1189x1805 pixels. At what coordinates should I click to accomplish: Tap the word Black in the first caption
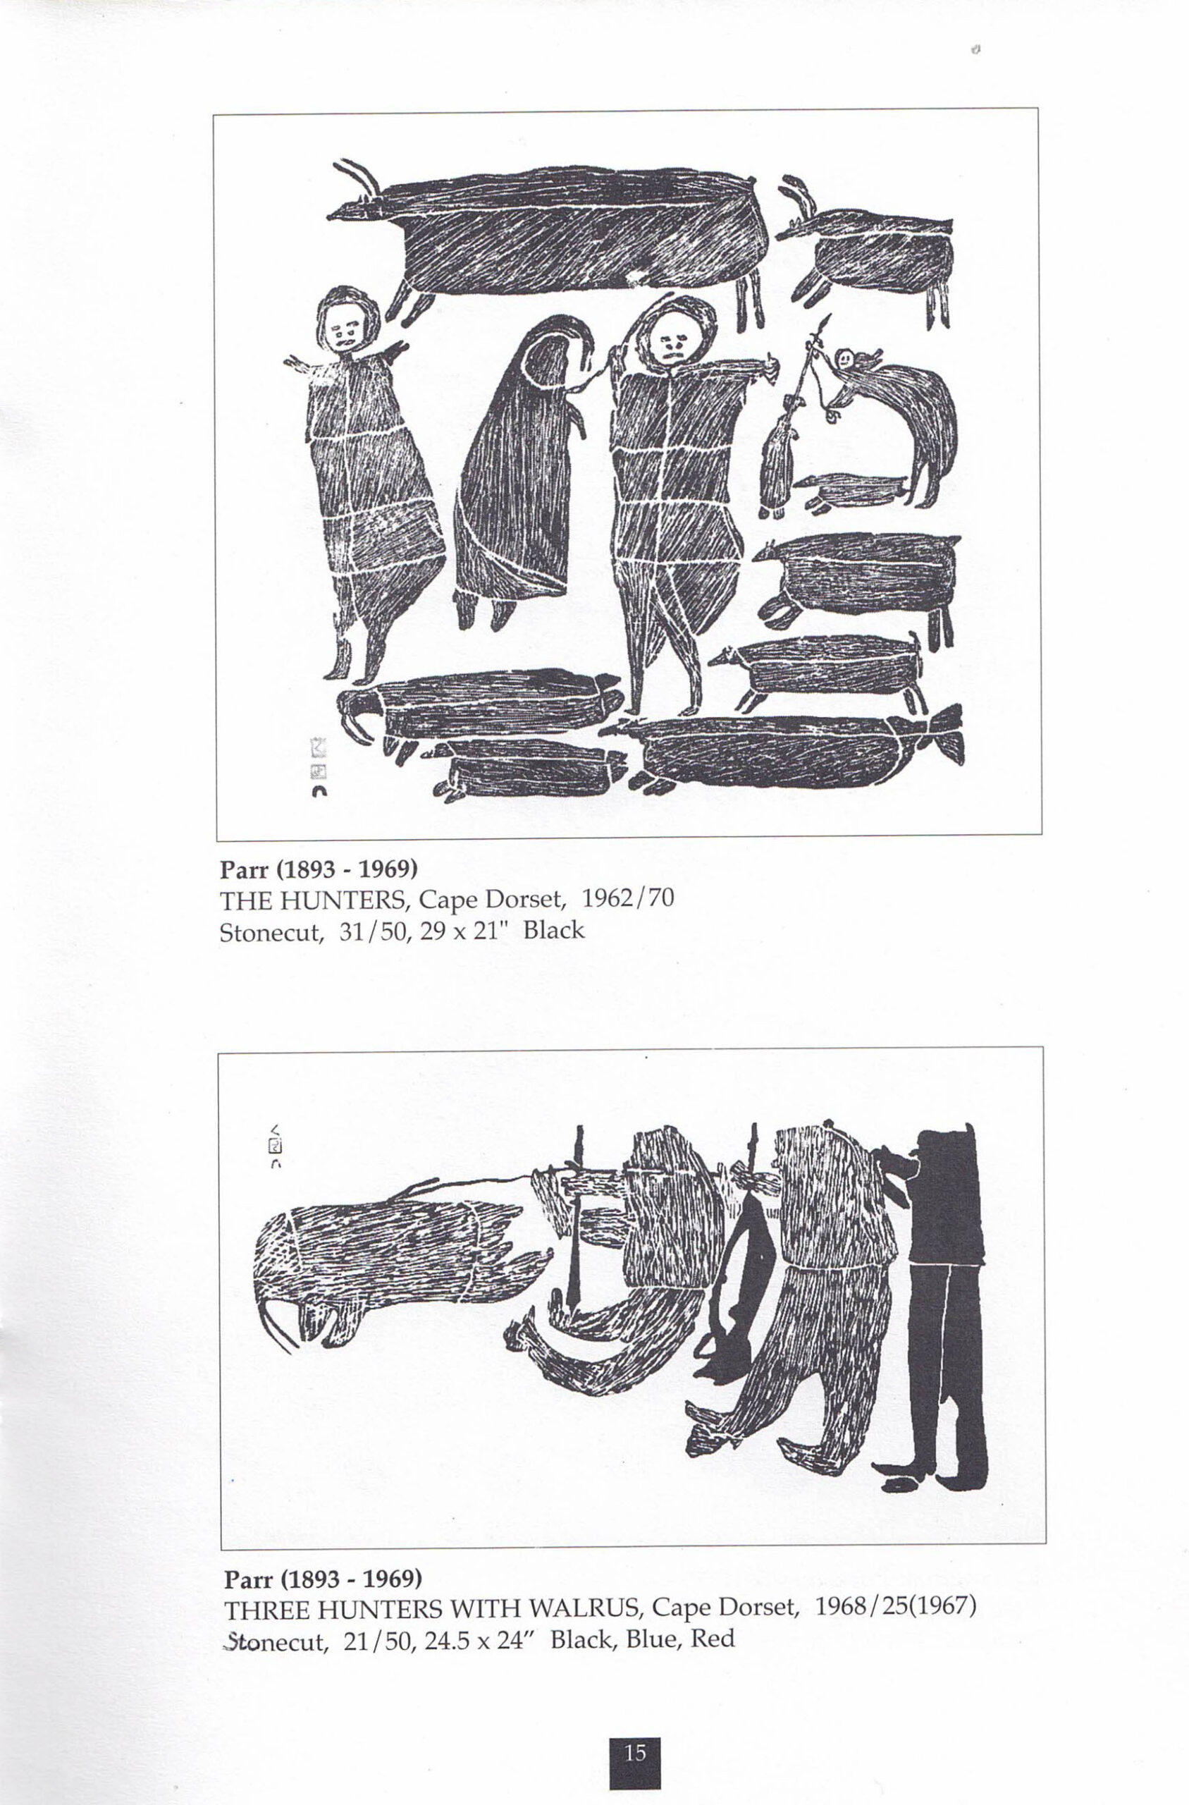pos(553,930)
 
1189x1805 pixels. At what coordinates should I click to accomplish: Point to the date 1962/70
pos(628,899)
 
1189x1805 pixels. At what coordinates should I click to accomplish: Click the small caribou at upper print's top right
pos(872,250)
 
